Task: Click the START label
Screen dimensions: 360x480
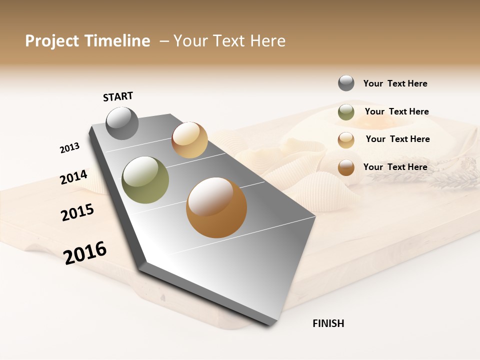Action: tap(118, 96)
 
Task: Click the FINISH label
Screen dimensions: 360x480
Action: tap(328, 323)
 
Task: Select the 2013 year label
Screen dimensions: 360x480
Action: tap(69, 148)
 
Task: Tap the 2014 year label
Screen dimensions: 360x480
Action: tap(73, 177)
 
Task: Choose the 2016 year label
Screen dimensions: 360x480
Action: tap(85, 253)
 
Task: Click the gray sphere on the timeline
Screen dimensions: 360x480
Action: tap(122, 123)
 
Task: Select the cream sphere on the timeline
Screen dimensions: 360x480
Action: tap(189, 140)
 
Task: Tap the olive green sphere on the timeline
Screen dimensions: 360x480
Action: tap(145, 180)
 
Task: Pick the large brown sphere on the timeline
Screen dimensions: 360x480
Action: tap(216, 207)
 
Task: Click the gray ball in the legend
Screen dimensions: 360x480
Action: tap(346, 83)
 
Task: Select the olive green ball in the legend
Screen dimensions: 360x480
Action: tap(346, 112)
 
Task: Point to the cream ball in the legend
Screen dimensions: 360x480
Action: tap(346, 140)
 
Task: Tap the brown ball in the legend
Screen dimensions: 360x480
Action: tap(346, 167)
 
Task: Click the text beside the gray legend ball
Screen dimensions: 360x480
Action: tap(395, 83)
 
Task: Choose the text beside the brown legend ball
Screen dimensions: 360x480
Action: tap(395, 167)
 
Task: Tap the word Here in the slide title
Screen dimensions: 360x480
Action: tap(267, 41)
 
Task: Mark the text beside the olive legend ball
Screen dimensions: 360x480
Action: tap(396, 111)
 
